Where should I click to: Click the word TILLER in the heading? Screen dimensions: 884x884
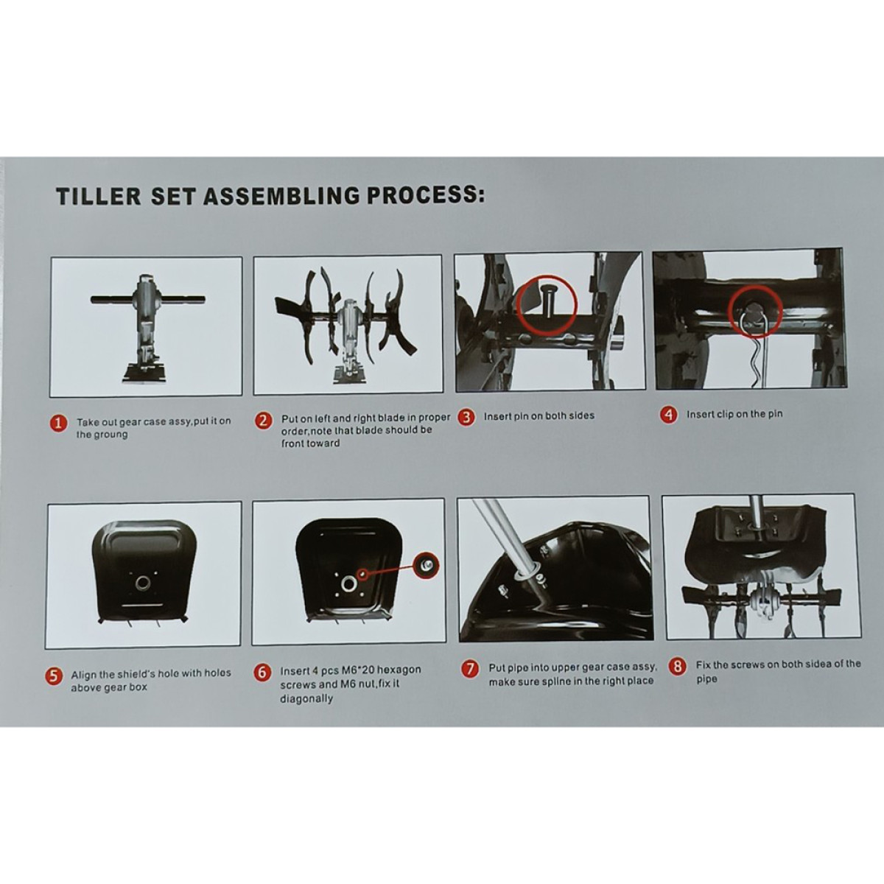pos(99,196)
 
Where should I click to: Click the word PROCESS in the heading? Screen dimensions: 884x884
pos(426,194)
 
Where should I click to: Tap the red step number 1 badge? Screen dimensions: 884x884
pos(59,424)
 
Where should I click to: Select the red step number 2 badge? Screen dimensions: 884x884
pos(263,421)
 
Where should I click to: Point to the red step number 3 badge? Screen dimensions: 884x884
pos(466,418)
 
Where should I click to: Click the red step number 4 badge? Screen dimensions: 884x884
pos(669,415)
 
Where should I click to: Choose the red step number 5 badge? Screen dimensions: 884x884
pos(54,676)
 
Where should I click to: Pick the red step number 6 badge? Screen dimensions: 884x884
pos(262,673)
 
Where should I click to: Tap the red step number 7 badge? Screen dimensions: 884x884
pos(469,669)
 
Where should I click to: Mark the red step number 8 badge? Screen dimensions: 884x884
pos(678,666)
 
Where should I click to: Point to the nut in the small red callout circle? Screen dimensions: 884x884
pos(427,566)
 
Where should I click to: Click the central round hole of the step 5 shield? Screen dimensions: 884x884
pos(143,583)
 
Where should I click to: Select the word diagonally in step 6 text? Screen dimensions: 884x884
pos(306,698)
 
